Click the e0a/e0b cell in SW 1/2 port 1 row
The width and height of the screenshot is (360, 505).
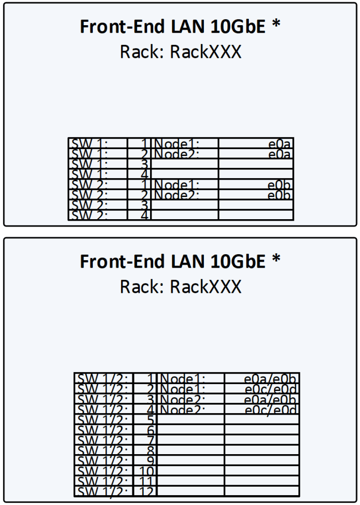pyautogui.click(x=271, y=379)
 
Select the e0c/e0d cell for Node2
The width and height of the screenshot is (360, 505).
pyautogui.click(x=271, y=410)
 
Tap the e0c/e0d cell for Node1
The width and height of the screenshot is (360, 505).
pyautogui.click(x=271, y=389)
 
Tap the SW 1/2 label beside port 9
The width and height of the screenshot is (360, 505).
pyautogui.click(x=103, y=461)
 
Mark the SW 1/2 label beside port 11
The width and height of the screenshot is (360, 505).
pyautogui.click(x=103, y=481)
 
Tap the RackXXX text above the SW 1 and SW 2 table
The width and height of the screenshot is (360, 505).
pyautogui.click(x=206, y=52)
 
